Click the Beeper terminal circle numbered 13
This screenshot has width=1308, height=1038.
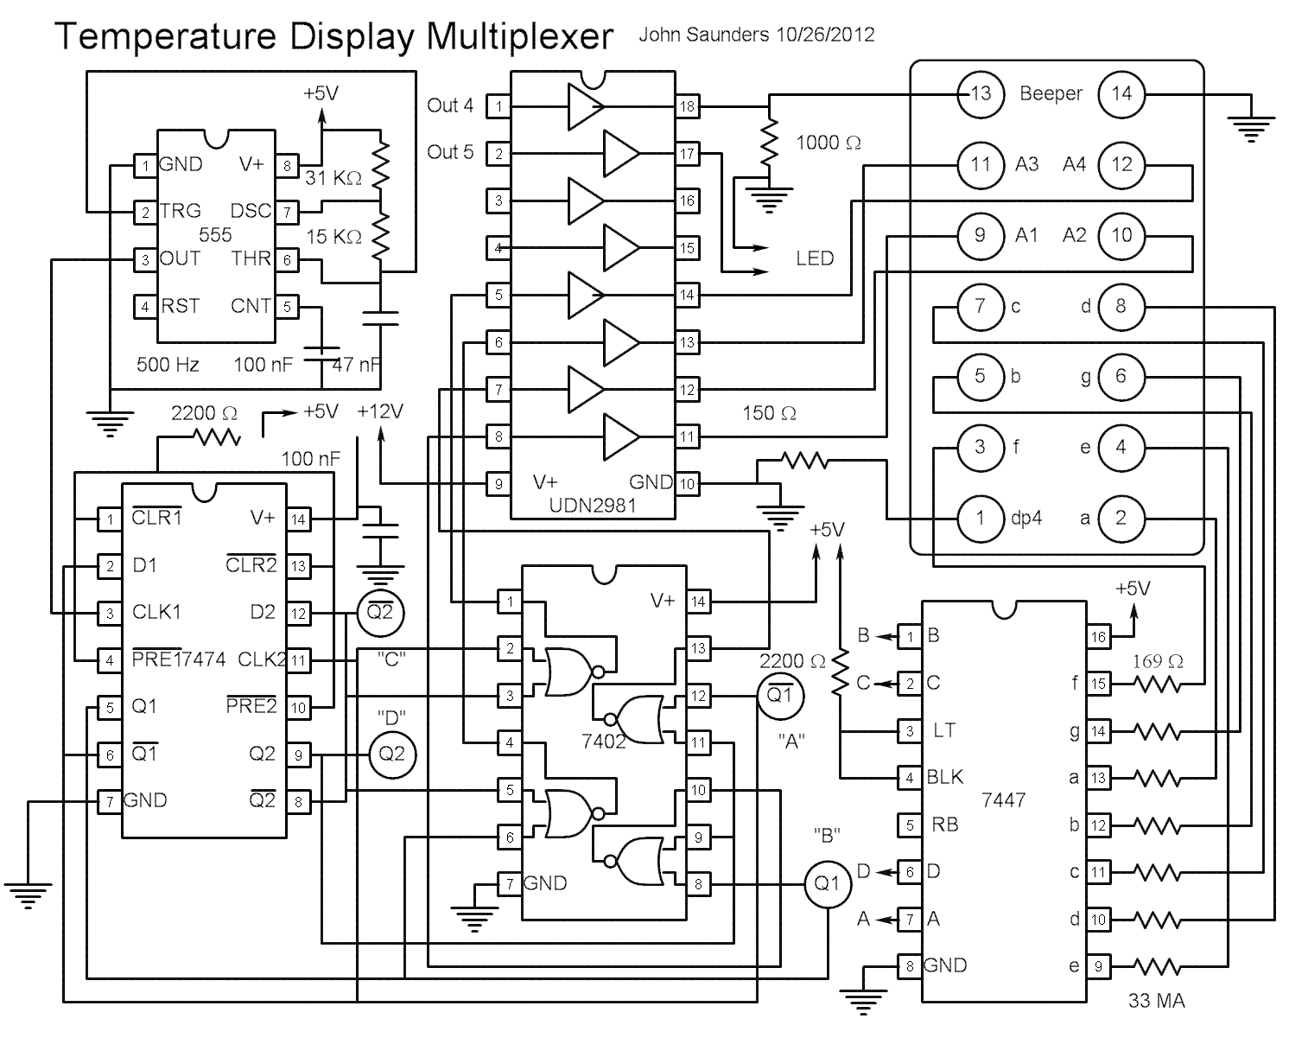coord(980,93)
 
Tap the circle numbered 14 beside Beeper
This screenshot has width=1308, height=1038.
coord(1121,93)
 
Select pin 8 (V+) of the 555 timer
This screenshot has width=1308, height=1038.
coord(287,165)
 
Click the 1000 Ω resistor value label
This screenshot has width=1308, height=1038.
coord(828,143)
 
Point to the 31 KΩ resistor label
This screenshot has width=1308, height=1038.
coord(333,179)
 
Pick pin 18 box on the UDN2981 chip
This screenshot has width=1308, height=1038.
coord(687,106)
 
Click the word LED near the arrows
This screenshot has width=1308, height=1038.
coord(815,258)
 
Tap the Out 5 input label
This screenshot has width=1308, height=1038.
coord(450,152)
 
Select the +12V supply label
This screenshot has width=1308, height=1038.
coord(380,411)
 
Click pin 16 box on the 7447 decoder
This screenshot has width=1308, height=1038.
coord(1097,637)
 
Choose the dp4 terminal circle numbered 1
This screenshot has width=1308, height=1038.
coord(980,519)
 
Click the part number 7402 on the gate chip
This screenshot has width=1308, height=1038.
coord(604,741)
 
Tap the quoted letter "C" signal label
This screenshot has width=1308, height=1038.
coord(392,659)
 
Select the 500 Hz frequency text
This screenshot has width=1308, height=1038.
coord(168,365)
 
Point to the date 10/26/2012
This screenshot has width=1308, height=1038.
coord(824,35)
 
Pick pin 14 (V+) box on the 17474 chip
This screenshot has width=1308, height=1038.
coord(298,519)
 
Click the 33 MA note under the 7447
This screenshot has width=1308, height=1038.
coord(1156,1002)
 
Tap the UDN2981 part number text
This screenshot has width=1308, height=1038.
coord(592,505)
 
